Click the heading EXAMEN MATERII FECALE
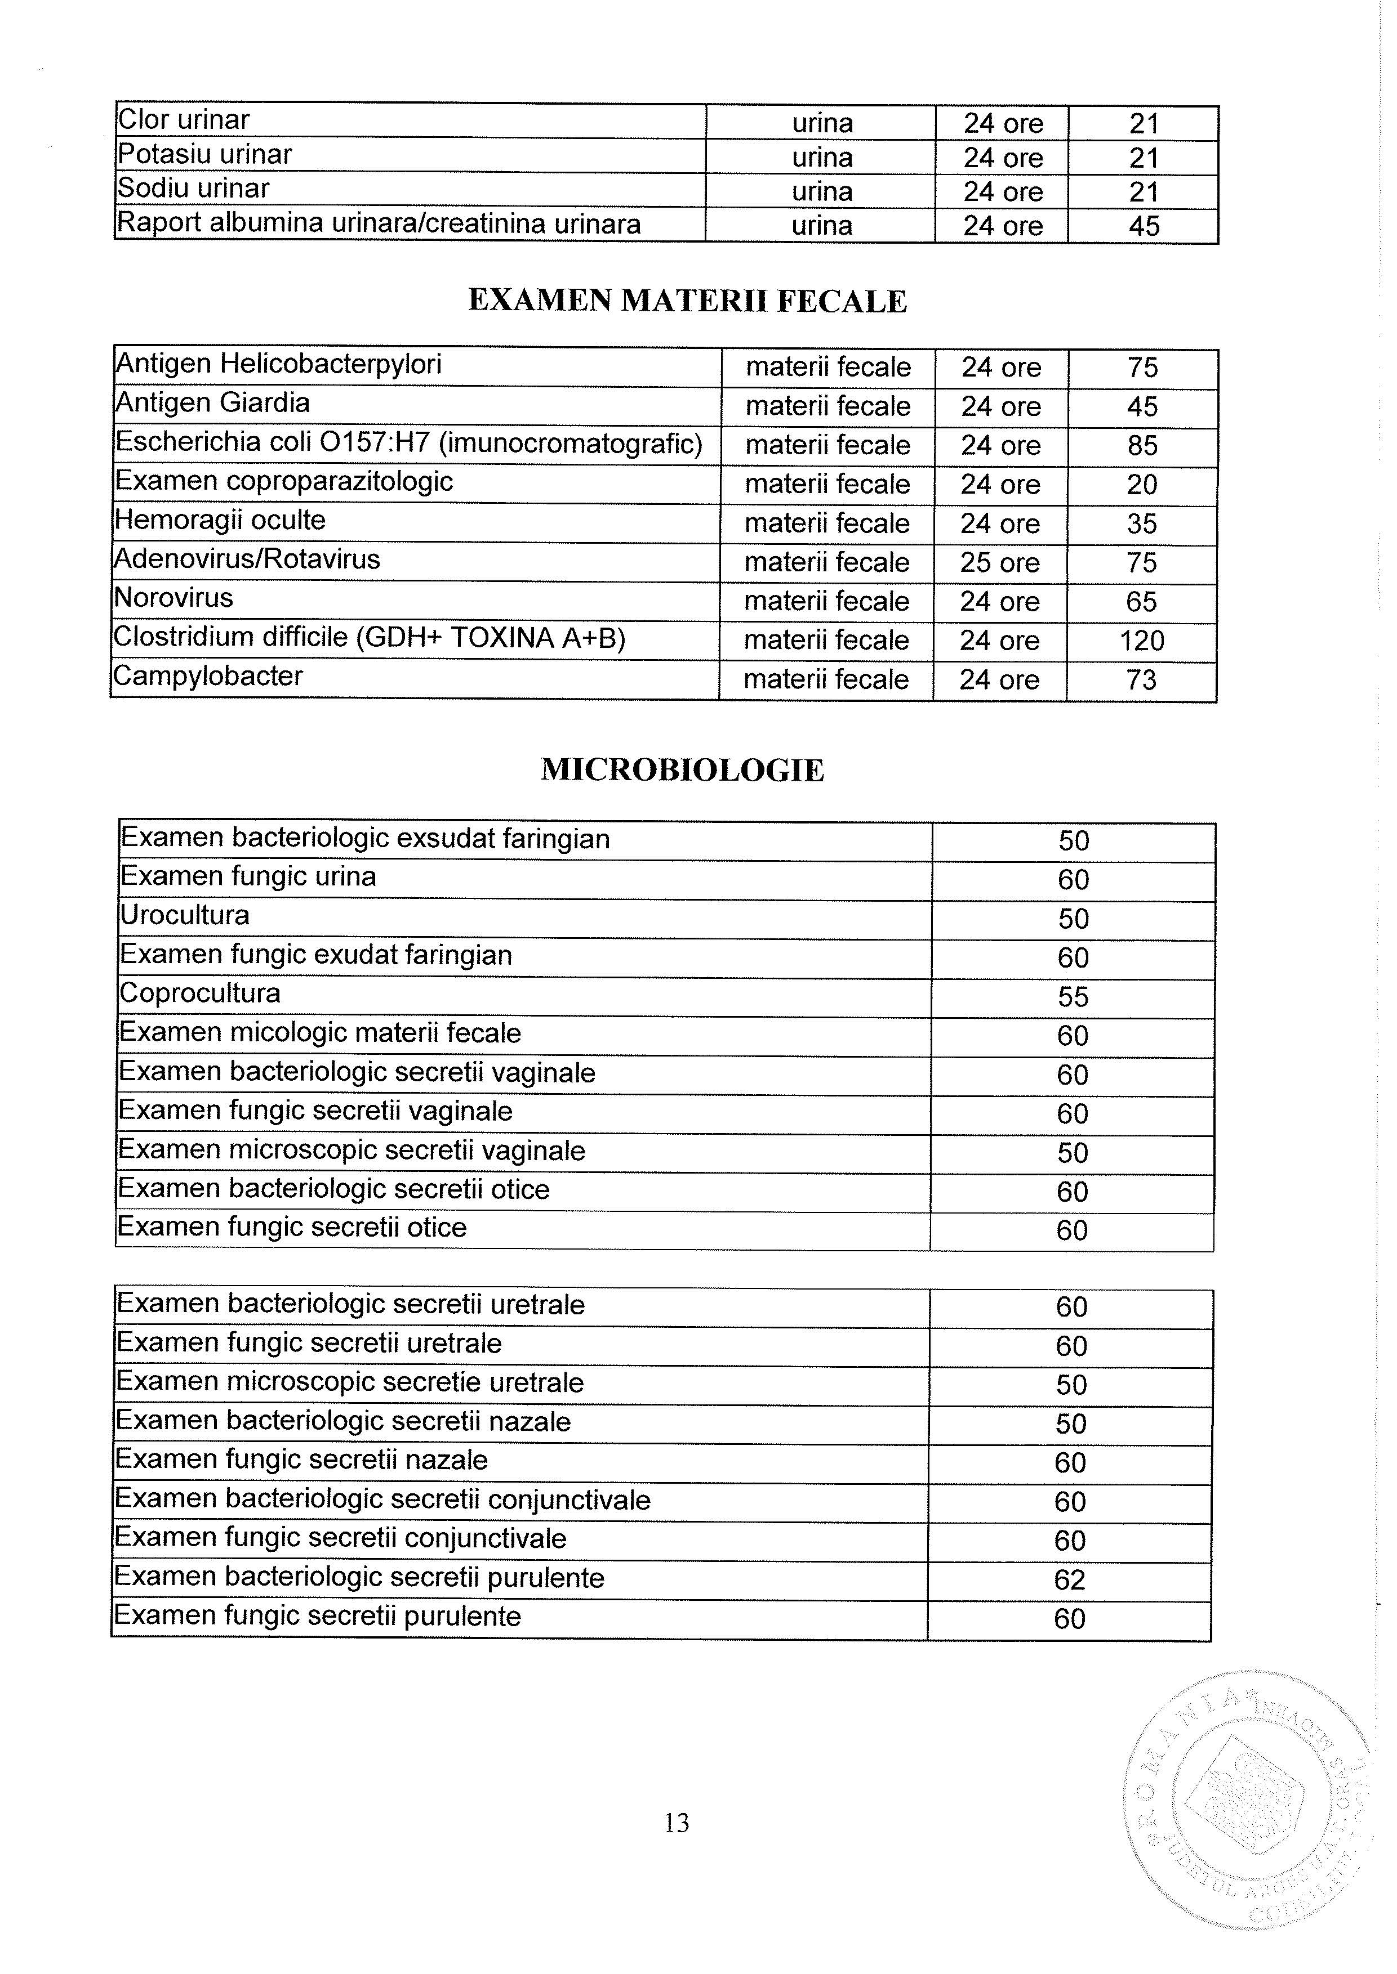(x=687, y=301)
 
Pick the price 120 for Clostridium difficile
(x=1141, y=641)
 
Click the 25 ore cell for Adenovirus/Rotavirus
(x=999, y=562)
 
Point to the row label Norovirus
(x=173, y=598)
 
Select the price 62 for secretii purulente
(x=1069, y=1579)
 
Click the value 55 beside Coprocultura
(x=1073, y=996)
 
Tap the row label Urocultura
(x=185, y=915)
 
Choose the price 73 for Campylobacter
(x=1141, y=679)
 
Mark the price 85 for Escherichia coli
(x=1142, y=445)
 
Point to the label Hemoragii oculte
(x=220, y=520)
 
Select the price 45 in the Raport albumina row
(x=1144, y=226)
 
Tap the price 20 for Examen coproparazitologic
(x=1142, y=484)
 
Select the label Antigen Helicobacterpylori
(x=279, y=364)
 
